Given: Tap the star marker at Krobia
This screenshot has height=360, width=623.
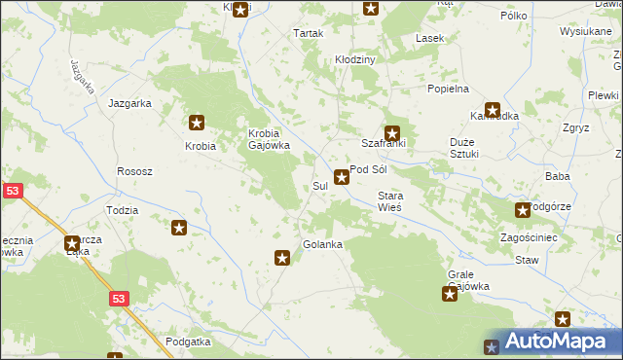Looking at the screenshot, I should (197, 123).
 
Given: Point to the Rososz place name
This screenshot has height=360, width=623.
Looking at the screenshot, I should (134, 171).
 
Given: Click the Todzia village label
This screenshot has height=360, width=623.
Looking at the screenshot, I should (122, 210).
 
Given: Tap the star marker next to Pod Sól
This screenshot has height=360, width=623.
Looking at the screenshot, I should (342, 177).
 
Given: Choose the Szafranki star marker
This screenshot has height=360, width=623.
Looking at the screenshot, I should (392, 133).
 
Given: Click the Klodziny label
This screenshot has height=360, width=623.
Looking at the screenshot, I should (355, 59).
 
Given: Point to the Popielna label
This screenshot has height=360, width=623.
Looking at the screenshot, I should (448, 89).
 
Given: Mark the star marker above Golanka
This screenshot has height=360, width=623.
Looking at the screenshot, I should (282, 258).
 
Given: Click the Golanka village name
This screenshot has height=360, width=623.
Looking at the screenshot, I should (322, 244).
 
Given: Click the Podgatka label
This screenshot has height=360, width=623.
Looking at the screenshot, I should (188, 342).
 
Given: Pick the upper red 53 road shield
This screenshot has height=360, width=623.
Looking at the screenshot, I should (12, 193).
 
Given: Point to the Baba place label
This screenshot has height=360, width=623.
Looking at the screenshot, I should (558, 176).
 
